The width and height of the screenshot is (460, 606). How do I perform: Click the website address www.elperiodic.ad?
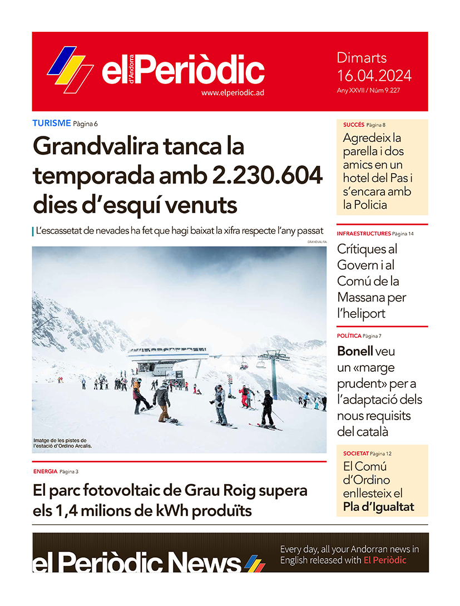[233, 93]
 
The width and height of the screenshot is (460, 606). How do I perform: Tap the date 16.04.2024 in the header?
[374, 76]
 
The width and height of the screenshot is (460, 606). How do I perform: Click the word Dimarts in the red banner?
[362, 58]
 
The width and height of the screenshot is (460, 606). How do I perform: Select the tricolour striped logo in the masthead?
[70, 68]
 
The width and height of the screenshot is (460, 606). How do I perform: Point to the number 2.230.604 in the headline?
[268, 176]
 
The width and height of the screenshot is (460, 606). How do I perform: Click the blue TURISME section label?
[51, 123]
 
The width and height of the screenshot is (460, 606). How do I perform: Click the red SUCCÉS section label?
[354, 125]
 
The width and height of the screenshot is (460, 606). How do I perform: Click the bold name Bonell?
[355, 351]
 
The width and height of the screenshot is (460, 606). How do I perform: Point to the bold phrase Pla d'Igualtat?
[378, 507]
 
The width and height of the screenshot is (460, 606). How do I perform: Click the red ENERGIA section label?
[45, 471]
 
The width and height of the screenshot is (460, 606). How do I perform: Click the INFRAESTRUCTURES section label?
[363, 233]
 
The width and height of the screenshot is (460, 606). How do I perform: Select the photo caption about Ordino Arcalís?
[62, 443]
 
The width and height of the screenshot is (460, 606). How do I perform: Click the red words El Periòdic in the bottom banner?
[385, 560]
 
